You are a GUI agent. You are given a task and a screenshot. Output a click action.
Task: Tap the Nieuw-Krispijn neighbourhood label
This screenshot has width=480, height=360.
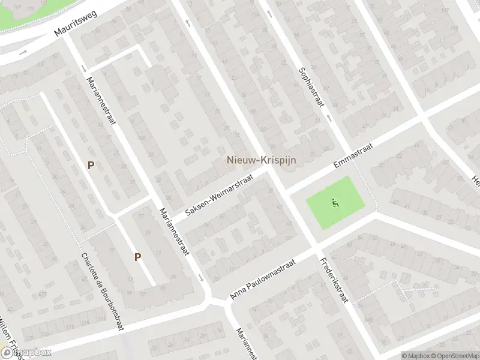(261, 160)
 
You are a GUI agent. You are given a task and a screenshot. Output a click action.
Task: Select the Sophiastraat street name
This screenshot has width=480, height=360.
(311, 87)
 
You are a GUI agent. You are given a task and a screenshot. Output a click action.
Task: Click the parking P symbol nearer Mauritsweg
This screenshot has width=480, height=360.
(91, 165)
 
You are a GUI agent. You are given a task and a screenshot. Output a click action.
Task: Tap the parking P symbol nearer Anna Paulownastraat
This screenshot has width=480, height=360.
(137, 257)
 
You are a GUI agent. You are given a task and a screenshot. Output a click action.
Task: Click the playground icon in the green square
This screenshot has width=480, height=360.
(335, 202)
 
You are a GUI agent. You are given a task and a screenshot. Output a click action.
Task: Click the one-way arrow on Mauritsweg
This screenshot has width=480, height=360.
(23, 52)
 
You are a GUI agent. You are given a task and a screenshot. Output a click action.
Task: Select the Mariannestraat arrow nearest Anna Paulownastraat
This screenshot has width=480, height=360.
(201, 277)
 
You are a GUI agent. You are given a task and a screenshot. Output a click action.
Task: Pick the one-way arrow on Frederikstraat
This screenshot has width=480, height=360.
(190, 23)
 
